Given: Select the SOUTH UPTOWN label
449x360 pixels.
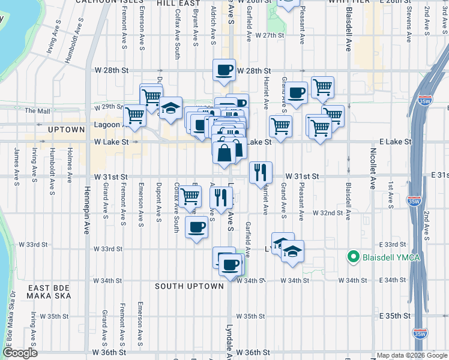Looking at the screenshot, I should [190, 286].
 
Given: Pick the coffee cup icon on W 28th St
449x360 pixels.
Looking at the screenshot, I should [224, 70].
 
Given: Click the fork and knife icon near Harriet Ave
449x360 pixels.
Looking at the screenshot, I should [261, 172].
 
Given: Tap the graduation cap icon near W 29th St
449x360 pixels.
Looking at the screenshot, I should [170, 109].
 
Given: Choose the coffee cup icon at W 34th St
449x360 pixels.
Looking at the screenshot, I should [230, 264].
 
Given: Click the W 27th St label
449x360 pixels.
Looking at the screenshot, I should [269, 36].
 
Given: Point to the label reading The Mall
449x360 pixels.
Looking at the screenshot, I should [37, 111].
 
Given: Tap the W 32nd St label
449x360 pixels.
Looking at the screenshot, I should [328, 213].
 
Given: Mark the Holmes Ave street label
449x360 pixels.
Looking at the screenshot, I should [70, 165].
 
